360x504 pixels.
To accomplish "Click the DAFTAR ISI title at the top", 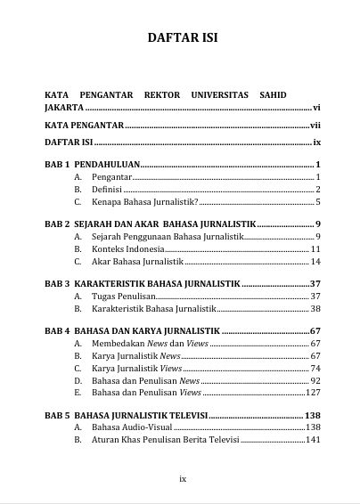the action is pos(182,38).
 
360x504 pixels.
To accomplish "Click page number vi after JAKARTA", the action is pos(316,107).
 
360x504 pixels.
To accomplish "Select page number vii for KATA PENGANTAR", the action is pos(315,125).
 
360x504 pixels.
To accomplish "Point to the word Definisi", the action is pos(107,190).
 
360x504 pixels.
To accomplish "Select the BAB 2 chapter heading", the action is pos(151,224).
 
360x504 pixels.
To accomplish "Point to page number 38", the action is pos(315,308).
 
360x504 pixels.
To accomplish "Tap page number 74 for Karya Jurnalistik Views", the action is pos(315,368).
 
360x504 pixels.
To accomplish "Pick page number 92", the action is pos(315,380).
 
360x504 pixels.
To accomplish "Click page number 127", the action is pos(313,392).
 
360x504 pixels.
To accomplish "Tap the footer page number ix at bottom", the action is pos(182,478).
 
